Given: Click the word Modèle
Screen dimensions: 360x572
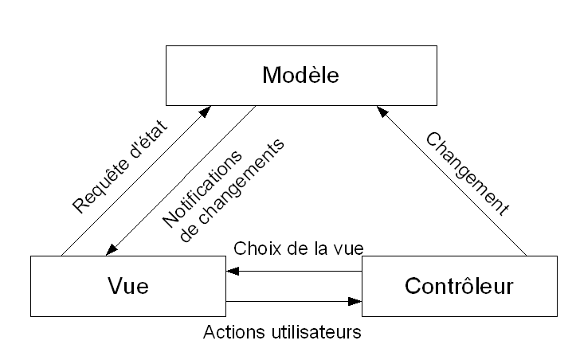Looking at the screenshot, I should tap(300, 76).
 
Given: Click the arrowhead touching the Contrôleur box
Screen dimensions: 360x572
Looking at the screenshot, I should tap(356, 301).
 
